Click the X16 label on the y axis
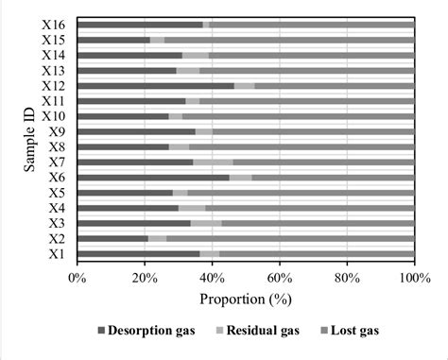point(54,25)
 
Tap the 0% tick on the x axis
point(78,277)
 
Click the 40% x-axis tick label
point(212,277)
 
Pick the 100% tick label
point(413,277)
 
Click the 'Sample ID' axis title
point(31,139)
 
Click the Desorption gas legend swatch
point(102,332)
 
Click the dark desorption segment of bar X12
point(156,86)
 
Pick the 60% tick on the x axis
point(279,277)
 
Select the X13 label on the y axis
point(54,71)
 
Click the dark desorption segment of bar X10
point(123,116)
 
